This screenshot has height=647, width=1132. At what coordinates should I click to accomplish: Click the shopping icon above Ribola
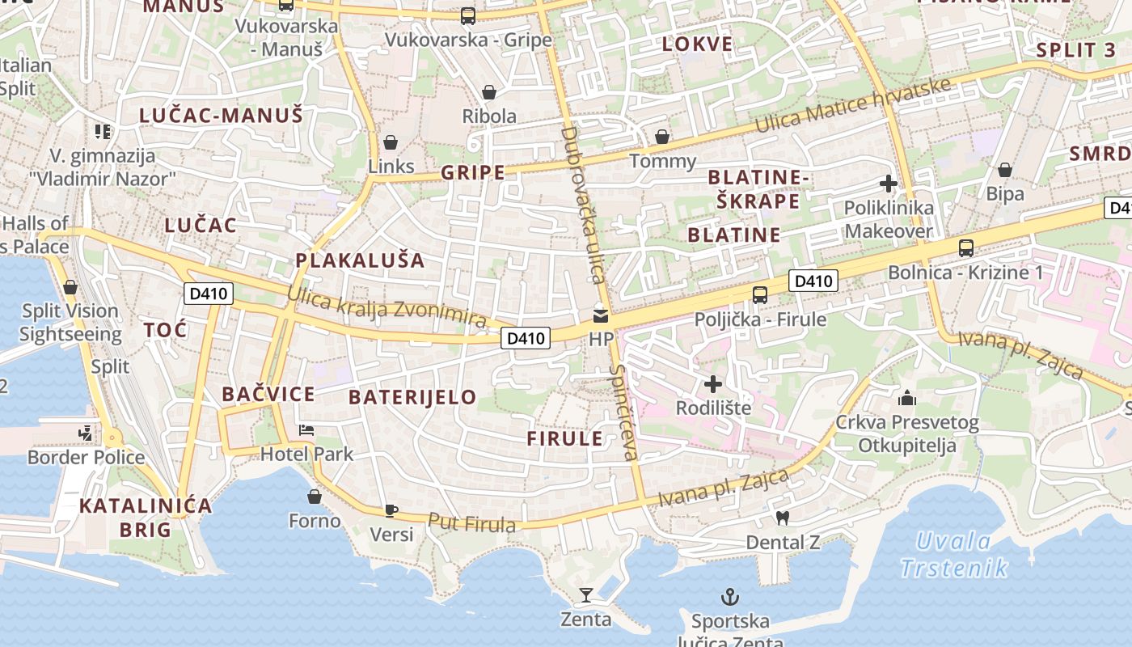(x=488, y=92)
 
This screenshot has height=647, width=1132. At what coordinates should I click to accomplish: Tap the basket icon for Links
(x=391, y=143)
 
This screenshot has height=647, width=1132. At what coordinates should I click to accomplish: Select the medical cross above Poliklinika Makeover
(x=888, y=184)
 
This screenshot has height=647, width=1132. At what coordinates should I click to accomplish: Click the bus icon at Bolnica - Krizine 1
(x=965, y=248)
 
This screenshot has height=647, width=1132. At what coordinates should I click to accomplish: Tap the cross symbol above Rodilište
(x=713, y=384)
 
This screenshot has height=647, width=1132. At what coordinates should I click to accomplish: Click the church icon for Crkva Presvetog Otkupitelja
(x=907, y=398)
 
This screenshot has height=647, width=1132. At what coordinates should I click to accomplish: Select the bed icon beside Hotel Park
(x=306, y=429)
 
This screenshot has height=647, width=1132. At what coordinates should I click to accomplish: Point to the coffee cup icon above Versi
(x=391, y=510)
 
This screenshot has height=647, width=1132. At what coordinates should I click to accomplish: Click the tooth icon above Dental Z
(x=782, y=518)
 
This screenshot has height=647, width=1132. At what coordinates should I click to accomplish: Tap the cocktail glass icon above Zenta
(x=586, y=596)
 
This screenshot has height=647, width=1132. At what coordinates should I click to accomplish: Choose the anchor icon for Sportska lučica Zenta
(x=730, y=598)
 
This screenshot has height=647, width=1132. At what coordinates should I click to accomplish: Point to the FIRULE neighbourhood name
(x=565, y=439)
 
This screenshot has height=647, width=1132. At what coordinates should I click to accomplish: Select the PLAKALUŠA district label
(x=360, y=260)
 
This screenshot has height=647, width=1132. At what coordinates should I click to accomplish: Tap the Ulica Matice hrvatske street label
(x=852, y=107)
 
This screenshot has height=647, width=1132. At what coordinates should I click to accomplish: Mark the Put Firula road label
(x=471, y=524)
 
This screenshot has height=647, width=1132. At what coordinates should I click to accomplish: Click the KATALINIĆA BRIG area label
(x=146, y=518)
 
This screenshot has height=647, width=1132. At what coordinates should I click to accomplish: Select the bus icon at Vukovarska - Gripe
(x=467, y=15)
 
